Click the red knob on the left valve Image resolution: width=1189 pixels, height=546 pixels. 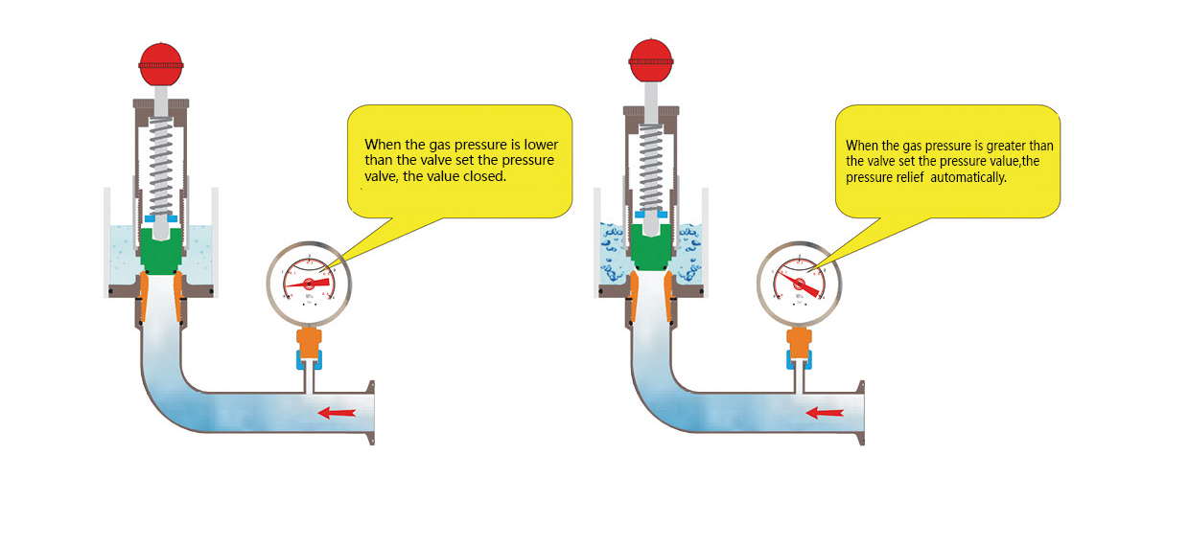click(160, 64)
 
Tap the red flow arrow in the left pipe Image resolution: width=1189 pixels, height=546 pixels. click(337, 413)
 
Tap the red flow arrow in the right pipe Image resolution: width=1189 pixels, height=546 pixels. click(825, 413)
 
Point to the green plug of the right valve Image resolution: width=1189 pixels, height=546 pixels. click(652, 251)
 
